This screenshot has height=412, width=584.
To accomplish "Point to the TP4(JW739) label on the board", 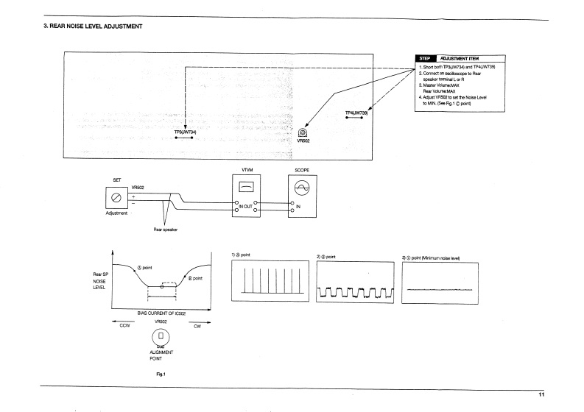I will point(356,113).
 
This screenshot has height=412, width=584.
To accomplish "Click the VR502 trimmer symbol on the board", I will point(303,132).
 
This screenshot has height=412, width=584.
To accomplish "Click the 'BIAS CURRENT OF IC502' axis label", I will point(161,313).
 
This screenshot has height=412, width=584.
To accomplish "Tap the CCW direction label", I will point(124,327).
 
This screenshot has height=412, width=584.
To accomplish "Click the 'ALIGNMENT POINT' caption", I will point(161,358).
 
